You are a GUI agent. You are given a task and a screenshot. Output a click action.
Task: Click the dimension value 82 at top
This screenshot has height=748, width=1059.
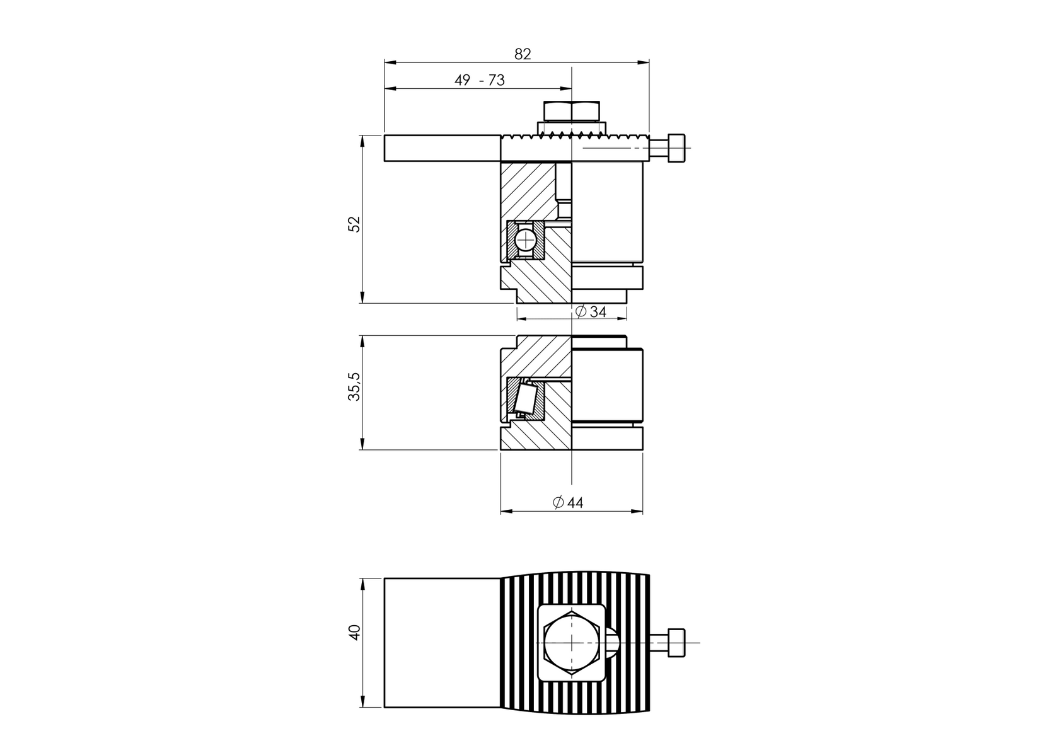tap(523, 54)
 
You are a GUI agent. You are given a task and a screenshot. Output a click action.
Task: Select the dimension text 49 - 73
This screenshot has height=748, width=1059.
tap(479, 81)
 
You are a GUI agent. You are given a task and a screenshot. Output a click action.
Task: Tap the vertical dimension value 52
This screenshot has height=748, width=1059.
tap(355, 224)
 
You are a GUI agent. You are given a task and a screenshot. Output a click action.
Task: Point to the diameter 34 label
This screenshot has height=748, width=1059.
tap(591, 312)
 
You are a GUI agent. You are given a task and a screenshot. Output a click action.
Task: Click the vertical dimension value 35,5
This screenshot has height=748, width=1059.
tap(354, 386)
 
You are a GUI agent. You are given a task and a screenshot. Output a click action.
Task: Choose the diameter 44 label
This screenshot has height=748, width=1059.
tap(568, 503)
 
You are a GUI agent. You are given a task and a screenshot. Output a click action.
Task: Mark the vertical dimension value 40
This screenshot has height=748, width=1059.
tap(354, 633)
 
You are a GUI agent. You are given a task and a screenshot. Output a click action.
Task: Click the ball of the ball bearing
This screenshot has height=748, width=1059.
tap(524, 241)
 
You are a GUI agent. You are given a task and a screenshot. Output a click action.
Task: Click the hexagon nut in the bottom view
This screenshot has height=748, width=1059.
tap(572, 642)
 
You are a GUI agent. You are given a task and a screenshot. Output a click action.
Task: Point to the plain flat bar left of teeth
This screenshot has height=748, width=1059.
tap(442, 148)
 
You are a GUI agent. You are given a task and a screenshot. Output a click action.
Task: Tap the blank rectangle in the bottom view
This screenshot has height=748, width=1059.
tap(441, 642)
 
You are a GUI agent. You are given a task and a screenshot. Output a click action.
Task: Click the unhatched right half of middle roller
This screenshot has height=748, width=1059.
tap(607, 386)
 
